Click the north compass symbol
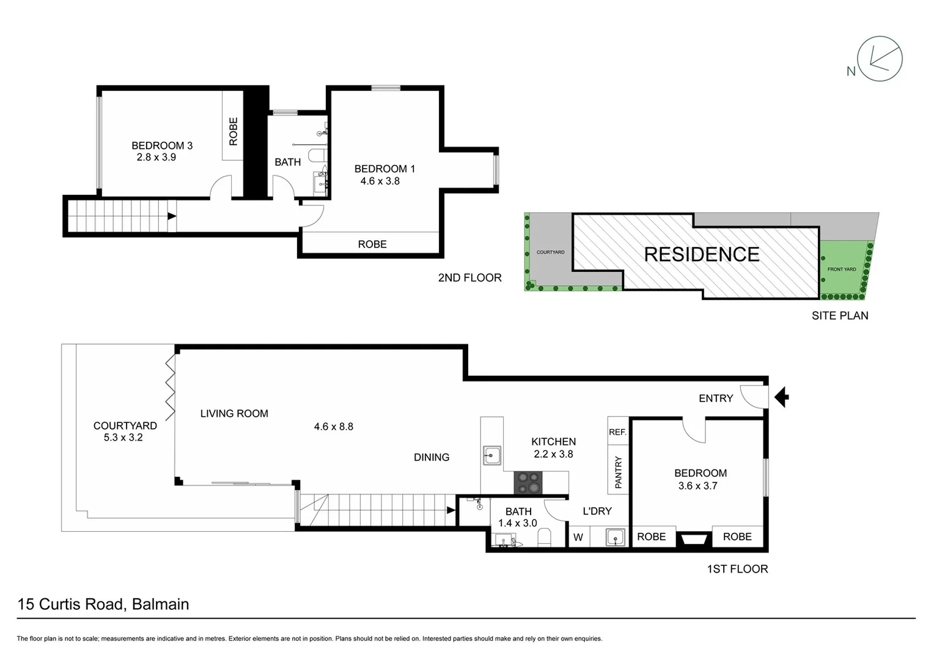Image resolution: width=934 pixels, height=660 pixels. (x=880, y=59)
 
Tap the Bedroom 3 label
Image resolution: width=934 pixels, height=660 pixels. (x=162, y=145)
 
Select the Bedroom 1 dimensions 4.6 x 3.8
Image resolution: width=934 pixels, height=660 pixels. (x=380, y=181)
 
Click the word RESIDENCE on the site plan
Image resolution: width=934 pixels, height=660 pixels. (x=702, y=254)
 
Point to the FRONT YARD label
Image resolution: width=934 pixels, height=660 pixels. (x=841, y=269)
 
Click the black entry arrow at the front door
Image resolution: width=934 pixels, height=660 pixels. (x=781, y=397)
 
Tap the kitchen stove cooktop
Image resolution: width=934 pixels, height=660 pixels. (x=528, y=482)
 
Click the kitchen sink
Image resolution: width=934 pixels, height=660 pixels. (x=492, y=455)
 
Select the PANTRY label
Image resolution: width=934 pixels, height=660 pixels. (x=618, y=472)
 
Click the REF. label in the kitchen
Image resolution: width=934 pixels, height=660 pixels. (x=617, y=432)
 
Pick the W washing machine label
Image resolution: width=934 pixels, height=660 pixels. (x=578, y=538)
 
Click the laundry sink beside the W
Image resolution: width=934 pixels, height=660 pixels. (x=615, y=537)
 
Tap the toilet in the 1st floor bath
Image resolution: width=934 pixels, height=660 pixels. (x=544, y=538)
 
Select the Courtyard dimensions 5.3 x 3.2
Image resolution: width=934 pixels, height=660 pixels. (x=123, y=438)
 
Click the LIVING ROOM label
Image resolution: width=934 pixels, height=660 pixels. (x=234, y=414)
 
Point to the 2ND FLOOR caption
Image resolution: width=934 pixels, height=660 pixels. (x=469, y=277)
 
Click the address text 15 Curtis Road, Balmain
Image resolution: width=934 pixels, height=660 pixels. (x=103, y=604)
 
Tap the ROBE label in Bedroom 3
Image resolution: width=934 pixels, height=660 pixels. (x=233, y=131)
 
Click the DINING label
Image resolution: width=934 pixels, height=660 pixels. (x=431, y=457)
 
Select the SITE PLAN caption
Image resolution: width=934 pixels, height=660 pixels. (x=839, y=315)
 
